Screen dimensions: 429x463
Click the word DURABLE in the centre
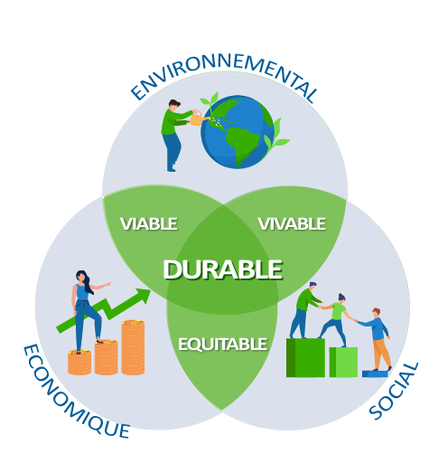pyautogui.click(x=223, y=269)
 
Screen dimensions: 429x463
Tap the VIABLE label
pyautogui.click(x=149, y=223)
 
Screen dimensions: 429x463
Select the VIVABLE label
pyautogui.click(x=292, y=224)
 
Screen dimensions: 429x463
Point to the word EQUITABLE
pyautogui.click(x=222, y=344)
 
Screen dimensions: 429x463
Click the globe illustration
pyautogui.click(x=238, y=132)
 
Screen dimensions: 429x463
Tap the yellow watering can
pyautogui.click(x=198, y=118)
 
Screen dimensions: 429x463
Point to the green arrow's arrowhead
pyautogui.click(x=143, y=296)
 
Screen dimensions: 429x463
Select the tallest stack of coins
pyautogui.click(x=133, y=347)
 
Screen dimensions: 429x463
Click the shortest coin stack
pyautogui.click(x=79, y=362)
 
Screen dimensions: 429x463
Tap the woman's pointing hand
pyautogui.click(x=107, y=284)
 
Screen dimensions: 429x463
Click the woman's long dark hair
pyautogui.click(x=86, y=281)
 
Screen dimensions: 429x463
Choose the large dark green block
pyautogui.click(x=305, y=357)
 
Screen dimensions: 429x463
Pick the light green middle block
pyautogui.click(x=343, y=362)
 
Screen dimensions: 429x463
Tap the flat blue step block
pyautogui.click(x=375, y=373)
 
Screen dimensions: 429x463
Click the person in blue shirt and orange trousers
pyautogui.click(x=377, y=339)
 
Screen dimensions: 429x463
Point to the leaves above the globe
pyautogui.click(x=210, y=99)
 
